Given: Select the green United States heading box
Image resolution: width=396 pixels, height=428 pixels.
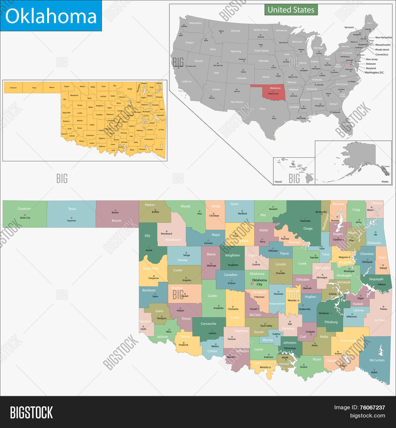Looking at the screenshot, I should (x=291, y=10).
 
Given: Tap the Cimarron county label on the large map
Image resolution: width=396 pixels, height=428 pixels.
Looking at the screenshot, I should (x=24, y=209).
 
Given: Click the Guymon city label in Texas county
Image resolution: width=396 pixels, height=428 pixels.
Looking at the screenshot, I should (x=72, y=221).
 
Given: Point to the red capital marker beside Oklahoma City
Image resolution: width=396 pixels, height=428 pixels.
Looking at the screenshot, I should (x=252, y=284).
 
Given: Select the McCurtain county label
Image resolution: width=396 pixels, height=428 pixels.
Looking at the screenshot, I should (x=377, y=360).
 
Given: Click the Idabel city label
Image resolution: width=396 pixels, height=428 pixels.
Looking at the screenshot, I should (x=374, y=372).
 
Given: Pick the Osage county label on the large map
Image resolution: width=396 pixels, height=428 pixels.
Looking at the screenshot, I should (x=308, y=229).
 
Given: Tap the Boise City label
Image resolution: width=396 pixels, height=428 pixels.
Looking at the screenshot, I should (x=25, y=218).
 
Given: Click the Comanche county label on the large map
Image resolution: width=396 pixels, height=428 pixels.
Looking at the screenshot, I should (x=208, y=324).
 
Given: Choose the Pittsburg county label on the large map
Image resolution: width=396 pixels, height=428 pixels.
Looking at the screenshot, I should (x=331, y=322).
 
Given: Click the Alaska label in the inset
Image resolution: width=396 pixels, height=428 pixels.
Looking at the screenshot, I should (x=385, y=182).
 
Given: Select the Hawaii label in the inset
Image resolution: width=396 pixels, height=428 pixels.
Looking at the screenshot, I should (x=278, y=182).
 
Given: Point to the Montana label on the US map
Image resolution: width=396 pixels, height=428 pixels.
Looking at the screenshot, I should (x=235, y=31).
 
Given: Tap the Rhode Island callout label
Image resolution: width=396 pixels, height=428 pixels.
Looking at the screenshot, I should (x=382, y=49).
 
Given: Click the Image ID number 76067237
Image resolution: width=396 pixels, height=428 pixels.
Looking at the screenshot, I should (x=372, y=407).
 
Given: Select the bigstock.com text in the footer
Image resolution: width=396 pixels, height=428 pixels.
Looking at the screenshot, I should (x=367, y=416).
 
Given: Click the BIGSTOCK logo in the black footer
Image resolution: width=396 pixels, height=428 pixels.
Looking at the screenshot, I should (x=31, y=412).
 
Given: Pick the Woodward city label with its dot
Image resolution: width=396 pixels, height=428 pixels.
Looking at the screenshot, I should (x=166, y=234).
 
